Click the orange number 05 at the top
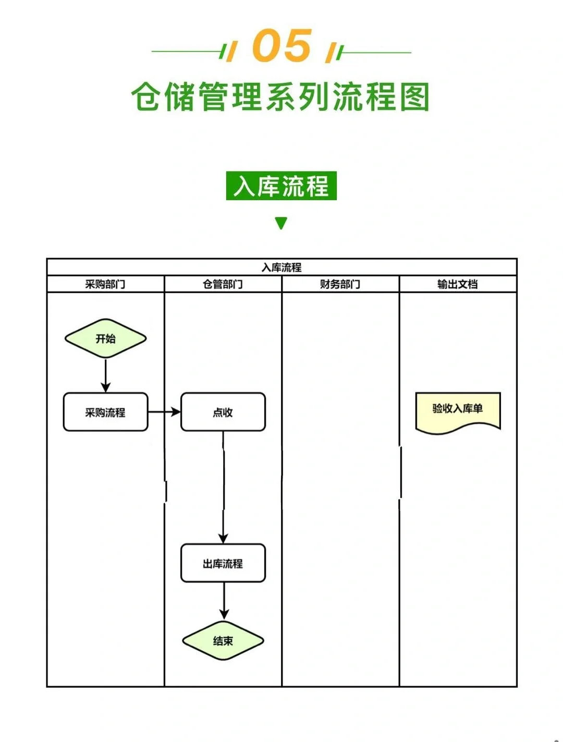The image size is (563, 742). [x=282, y=46]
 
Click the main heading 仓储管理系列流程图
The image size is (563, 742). [x=280, y=97]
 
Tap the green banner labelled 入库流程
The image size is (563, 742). [x=281, y=186]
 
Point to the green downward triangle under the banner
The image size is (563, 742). [x=281, y=223]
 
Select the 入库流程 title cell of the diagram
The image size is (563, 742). [x=281, y=267]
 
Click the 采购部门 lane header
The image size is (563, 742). [x=105, y=284]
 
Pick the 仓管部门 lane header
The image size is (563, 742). [x=223, y=284]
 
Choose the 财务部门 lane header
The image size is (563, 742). [x=340, y=284]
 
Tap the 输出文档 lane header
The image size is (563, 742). [x=458, y=284]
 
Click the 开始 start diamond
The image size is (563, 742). [x=105, y=339]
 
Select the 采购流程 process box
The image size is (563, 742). [x=105, y=412]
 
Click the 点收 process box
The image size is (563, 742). [x=223, y=412]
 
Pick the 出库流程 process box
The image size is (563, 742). [x=223, y=564]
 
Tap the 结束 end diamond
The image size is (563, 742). [x=223, y=641]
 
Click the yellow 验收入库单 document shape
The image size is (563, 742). [x=458, y=411]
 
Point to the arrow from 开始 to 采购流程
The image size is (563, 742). [x=106, y=375]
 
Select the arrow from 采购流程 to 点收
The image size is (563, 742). [x=164, y=412]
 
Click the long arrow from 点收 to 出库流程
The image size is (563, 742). [x=224, y=488]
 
